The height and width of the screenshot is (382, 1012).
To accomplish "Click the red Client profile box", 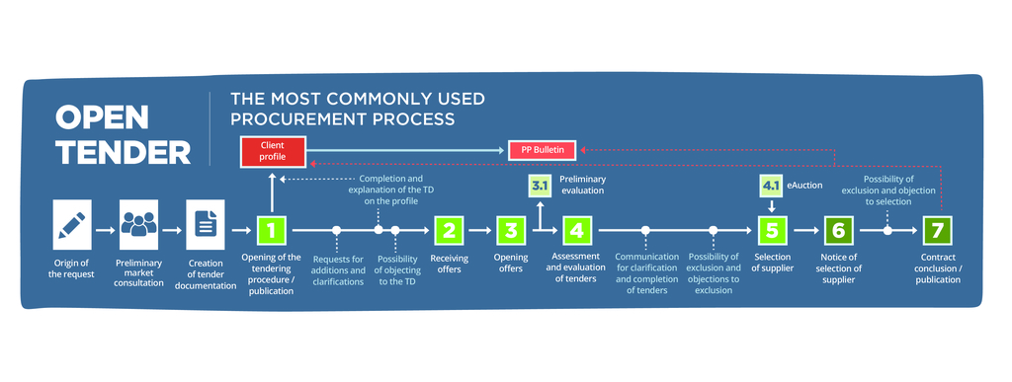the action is click(x=273, y=151).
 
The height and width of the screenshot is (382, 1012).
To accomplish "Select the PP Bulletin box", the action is click(x=543, y=150).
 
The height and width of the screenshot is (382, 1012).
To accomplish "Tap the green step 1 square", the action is click(x=272, y=230).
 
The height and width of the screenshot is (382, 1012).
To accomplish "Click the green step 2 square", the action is click(x=450, y=230).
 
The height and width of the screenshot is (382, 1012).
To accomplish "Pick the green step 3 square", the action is click(x=511, y=230).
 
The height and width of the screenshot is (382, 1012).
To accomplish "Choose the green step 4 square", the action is click(x=577, y=230).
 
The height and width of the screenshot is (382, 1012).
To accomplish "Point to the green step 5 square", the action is click(x=772, y=230).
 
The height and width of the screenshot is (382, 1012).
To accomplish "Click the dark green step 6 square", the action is click(x=838, y=230).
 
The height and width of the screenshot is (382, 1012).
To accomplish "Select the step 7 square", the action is click(x=937, y=230).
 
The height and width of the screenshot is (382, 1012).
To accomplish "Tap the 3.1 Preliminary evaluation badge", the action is click(x=541, y=187).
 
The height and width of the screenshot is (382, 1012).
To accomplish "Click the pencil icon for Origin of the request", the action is click(x=72, y=225).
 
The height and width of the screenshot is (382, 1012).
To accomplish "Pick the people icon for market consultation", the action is click(x=138, y=225).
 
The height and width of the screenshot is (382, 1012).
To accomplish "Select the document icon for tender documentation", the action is click(x=206, y=225).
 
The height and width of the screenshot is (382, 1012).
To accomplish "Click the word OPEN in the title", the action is click(x=102, y=117).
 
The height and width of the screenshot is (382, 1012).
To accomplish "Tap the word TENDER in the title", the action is click(x=123, y=152).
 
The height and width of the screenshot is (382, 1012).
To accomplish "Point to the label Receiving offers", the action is click(x=450, y=264).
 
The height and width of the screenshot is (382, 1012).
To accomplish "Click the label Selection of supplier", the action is click(x=772, y=263).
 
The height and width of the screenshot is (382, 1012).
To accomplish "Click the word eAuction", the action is click(x=804, y=186).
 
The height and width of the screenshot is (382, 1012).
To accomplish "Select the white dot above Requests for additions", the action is click(x=336, y=230).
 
